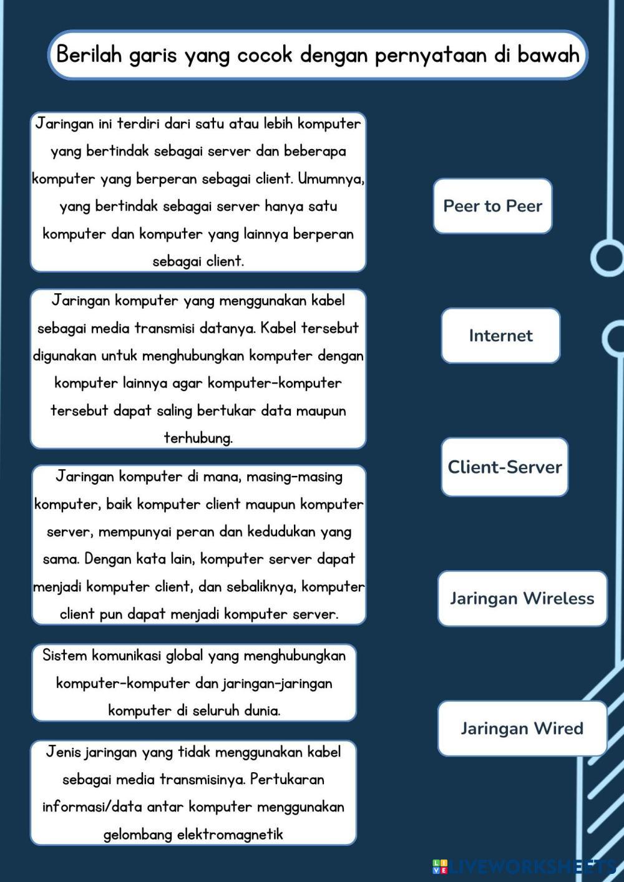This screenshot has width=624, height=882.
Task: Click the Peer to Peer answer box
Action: [x=492, y=206]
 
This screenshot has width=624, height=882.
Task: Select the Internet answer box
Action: [x=500, y=336]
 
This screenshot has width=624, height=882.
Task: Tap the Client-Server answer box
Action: [x=504, y=467]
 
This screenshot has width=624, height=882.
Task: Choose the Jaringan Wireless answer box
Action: [x=522, y=598]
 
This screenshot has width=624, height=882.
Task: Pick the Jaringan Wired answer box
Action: [x=522, y=728]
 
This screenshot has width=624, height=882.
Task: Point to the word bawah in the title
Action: [x=548, y=55]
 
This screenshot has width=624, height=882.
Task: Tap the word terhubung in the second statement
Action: [x=198, y=438]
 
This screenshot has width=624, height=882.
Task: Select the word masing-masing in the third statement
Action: [x=294, y=477]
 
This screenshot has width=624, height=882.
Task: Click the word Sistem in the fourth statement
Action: [x=64, y=656]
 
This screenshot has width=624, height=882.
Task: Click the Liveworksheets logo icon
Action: [x=440, y=866]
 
